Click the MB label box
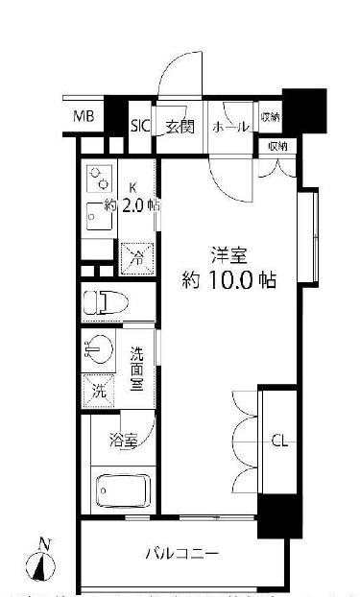(84, 117)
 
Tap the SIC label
(140, 125)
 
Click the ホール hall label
(228, 126)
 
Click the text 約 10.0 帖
(229, 281)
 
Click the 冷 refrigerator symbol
(137, 256)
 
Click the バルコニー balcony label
(182, 554)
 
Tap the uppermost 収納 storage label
(270, 118)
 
